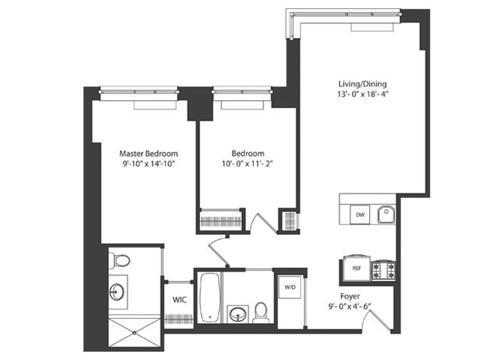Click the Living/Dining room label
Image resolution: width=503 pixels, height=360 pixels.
point(363,84)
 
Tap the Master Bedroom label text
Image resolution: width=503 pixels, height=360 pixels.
point(148,153)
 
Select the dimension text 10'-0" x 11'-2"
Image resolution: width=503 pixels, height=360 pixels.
point(247,164)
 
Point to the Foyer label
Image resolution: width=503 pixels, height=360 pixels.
point(350,296)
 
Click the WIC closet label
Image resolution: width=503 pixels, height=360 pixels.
point(179,300)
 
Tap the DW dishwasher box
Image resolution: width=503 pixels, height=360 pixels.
point(360,215)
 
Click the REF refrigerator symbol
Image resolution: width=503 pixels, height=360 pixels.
point(357,268)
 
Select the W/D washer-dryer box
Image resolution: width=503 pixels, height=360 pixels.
point(290,287)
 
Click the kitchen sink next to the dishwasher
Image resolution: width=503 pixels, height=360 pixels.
point(386,214)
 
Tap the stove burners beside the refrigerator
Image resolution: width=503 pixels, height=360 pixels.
point(384,271)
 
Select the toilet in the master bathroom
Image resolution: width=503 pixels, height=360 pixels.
point(119,260)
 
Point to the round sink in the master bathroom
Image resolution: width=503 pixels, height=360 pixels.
point(117,292)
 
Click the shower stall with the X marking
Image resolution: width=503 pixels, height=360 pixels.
point(135,332)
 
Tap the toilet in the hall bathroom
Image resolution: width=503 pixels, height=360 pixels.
point(260,312)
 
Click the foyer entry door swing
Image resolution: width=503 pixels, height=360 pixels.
point(377,320)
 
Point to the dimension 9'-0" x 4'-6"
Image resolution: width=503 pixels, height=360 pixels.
point(350,306)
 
